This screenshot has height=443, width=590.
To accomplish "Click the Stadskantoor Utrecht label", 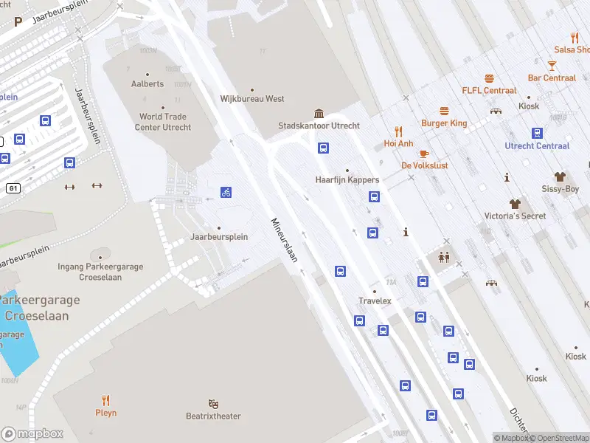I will tap(319, 126).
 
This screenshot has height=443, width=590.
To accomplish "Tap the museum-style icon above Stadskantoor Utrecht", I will tap(319, 113).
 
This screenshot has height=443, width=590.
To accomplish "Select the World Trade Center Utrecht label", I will tap(165, 122).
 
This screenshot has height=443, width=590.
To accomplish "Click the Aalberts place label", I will tap(147, 84).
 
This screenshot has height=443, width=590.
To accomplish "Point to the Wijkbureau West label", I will tap(252, 99).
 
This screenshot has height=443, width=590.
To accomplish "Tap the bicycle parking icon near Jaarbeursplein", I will tap(226, 193).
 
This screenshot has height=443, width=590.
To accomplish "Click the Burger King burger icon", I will tap(444, 111).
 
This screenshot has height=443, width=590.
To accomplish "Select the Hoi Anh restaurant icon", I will tap(398, 131).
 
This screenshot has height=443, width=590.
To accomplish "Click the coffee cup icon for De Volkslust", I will tap(424, 154).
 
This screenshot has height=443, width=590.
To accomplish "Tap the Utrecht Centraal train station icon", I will tap(537, 133).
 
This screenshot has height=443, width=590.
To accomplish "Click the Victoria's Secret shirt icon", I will tap(515, 203).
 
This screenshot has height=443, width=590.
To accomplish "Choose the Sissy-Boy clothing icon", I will tap(560, 177).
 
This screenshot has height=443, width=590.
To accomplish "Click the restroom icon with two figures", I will tap(445, 258).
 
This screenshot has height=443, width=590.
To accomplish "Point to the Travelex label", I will tap(375, 301).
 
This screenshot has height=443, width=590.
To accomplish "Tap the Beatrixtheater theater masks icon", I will tap(213, 404).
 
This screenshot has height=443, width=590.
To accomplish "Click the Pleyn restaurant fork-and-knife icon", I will tap(105, 400).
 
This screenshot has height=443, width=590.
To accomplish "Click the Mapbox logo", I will tap(32, 434).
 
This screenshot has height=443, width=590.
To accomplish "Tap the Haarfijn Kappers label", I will tap(347, 180).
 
